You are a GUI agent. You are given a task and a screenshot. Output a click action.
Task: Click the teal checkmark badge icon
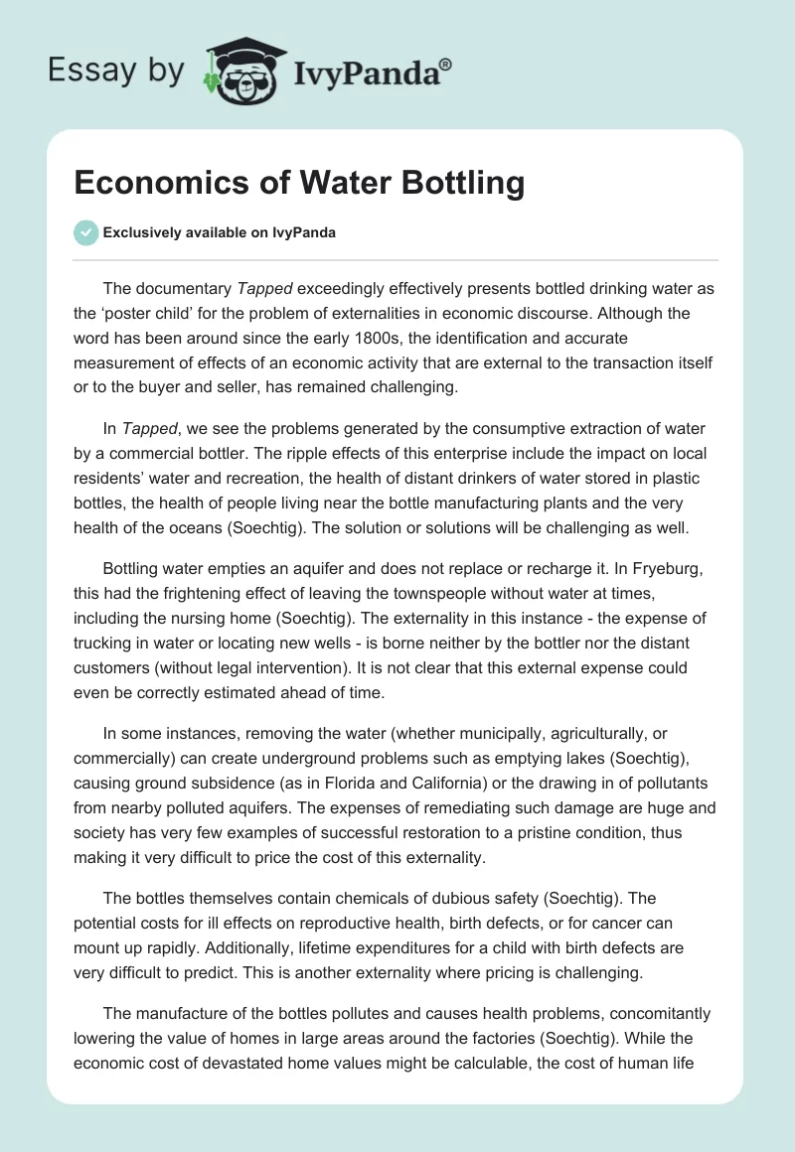85,232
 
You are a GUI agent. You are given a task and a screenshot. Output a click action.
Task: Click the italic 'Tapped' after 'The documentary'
263,289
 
